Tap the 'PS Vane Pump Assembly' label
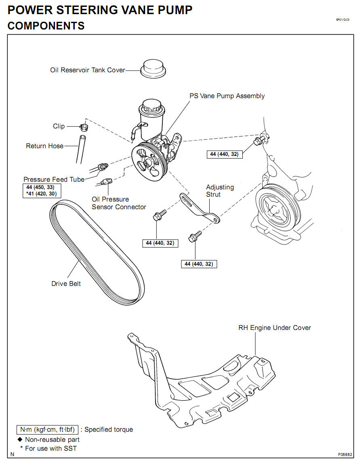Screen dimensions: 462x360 pyautogui.click(x=227, y=96)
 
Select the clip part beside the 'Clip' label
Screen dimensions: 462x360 pyautogui.click(x=84, y=128)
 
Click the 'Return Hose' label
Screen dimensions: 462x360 pyautogui.click(x=44, y=146)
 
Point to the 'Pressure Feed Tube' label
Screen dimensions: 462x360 pyautogui.click(x=54, y=179)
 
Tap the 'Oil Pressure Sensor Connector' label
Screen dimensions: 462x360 pyautogui.click(x=119, y=203)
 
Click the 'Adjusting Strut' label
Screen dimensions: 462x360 pyautogui.click(x=220, y=191)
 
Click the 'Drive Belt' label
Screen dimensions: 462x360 pyautogui.click(x=66, y=283)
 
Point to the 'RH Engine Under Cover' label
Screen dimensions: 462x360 pyautogui.click(x=275, y=328)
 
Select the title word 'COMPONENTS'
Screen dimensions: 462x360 pyautogui.click(x=46, y=26)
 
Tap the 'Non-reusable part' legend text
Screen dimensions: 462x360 pyautogui.click(x=52, y=439)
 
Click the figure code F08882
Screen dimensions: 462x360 pyautogui.click(x=345, y=454)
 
